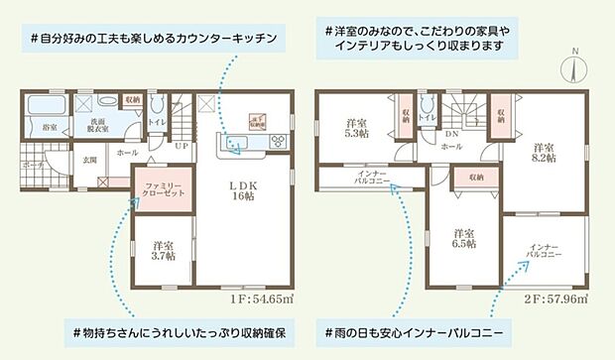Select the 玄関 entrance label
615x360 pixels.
tap(89, 159)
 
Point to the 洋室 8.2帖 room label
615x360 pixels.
tap(544, 151)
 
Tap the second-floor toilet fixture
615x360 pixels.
tap(426, 105)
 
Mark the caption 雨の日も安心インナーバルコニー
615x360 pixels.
tap(416, 328)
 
